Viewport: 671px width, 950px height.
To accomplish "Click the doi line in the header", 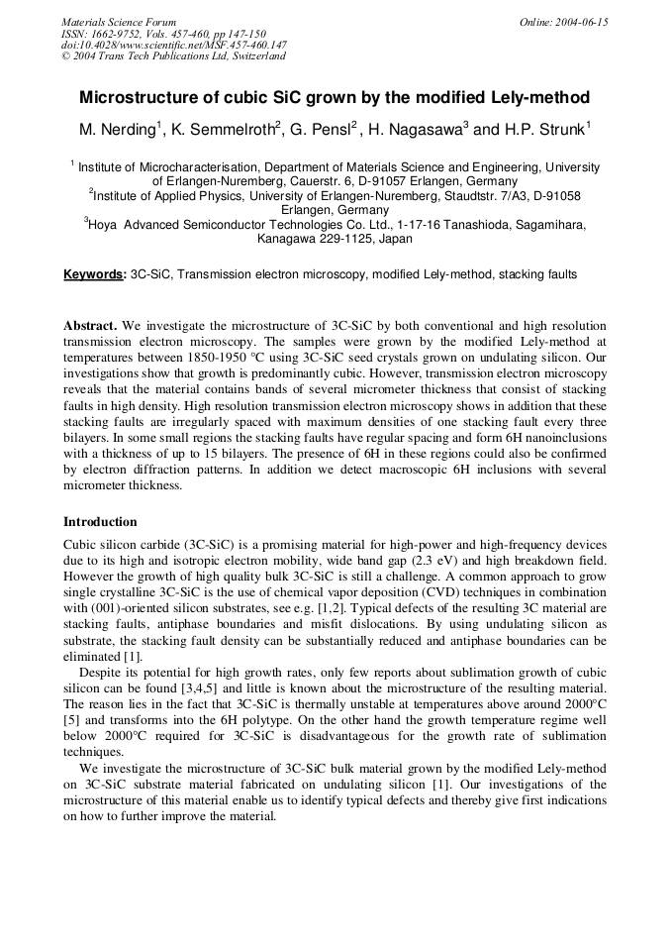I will tap(174, 45).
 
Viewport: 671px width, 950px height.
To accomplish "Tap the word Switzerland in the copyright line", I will tap(251, 56).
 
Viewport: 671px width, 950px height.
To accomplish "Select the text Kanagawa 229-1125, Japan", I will tap(335, 239).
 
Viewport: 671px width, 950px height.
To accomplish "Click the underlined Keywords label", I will tap(94, 273).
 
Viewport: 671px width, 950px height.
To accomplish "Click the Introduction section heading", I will tap(100, 522).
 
